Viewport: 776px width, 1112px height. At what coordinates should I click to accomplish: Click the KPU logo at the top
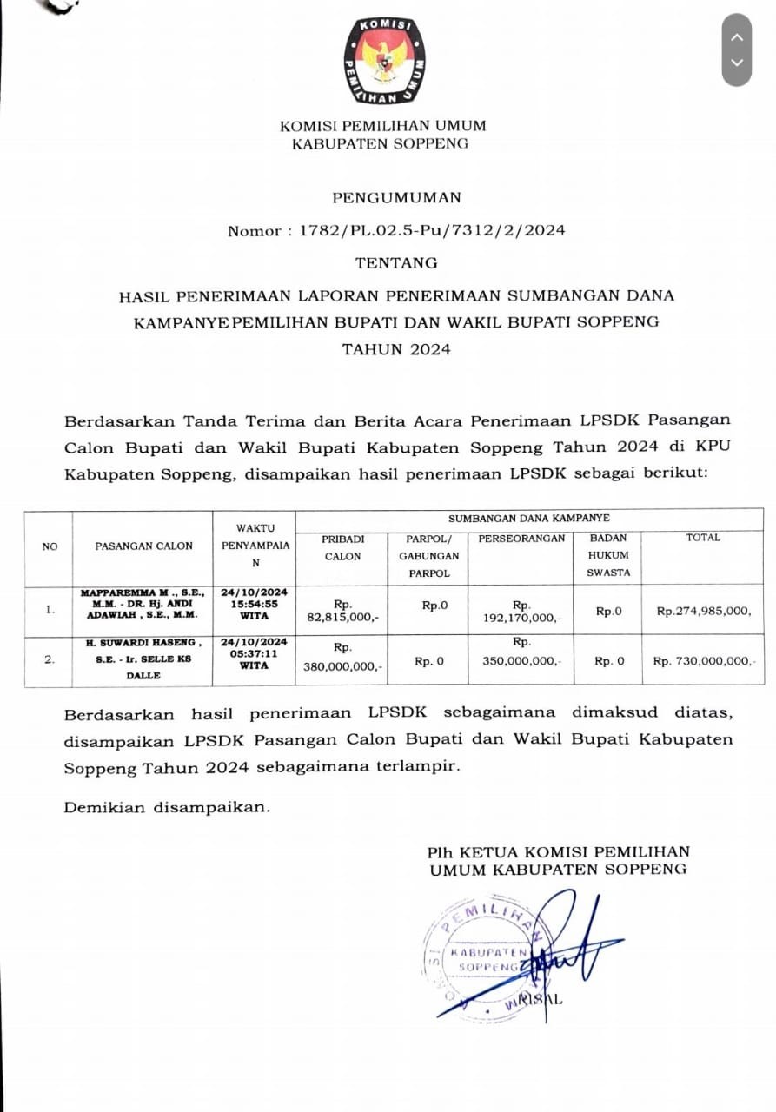pyautogui.click(x=384, y=60)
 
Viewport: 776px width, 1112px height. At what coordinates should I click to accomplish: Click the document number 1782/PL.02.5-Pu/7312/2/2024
pyautogui.click(x=433, y=230)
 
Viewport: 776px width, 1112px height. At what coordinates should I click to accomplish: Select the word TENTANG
pyautogui.click(x=396, y=262)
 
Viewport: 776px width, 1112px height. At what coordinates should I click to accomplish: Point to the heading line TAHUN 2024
pyautogui.click(x=396, y=349)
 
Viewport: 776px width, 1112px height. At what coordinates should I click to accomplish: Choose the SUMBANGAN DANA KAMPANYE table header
pyautogui.click(x=528, y=518)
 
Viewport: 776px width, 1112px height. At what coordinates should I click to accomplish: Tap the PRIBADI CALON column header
pyautogui.click(x=342, y=547)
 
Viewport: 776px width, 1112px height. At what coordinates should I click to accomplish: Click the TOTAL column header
pyautogui.click(x=703, y=538)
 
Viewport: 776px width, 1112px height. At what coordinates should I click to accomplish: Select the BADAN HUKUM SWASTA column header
pyautogui.click(x=608, y=555)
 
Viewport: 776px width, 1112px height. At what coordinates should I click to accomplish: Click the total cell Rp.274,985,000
pyautogui.click(x=703, y=611)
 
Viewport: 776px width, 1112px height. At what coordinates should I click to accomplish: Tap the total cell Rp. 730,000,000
pyautogui.click(x=703, y=661)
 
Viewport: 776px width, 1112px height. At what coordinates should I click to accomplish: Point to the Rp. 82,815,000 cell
pyautogui.click(x=342, y=611)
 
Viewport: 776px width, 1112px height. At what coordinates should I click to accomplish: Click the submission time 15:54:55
pyautogui.click(x=255, y=604)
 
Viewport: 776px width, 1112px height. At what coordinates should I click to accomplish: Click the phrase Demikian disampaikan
pyautogui.click(x=167, y=807)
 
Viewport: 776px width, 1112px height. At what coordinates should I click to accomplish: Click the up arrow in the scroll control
pyautogui.click(x=737, y=37)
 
